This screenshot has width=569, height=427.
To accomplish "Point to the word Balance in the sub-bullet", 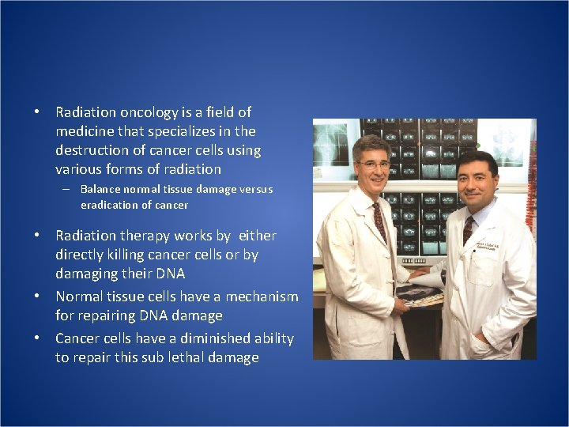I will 99,190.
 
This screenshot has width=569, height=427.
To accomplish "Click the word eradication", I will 108,206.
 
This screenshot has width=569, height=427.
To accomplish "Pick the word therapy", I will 146,236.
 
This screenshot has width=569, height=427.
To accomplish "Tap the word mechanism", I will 258,297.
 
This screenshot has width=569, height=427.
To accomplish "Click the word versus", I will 254,190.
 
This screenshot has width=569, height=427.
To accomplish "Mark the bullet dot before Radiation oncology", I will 37,112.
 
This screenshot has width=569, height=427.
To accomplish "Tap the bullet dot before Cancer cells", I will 37,338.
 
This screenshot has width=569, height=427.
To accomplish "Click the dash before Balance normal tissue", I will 68,190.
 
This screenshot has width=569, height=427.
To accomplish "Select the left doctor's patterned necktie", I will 380,222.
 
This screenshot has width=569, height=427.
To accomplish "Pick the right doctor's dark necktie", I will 468,229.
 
